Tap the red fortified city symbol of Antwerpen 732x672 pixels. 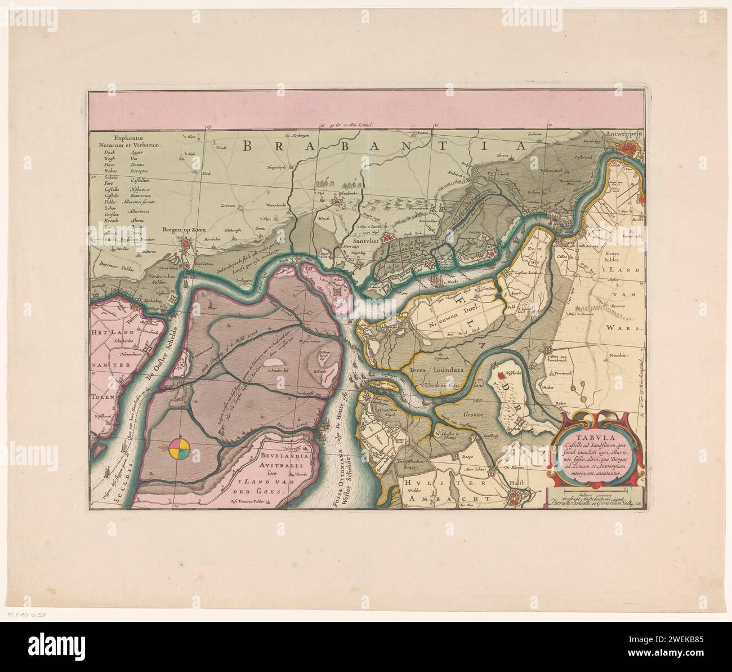pos(628,148)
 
